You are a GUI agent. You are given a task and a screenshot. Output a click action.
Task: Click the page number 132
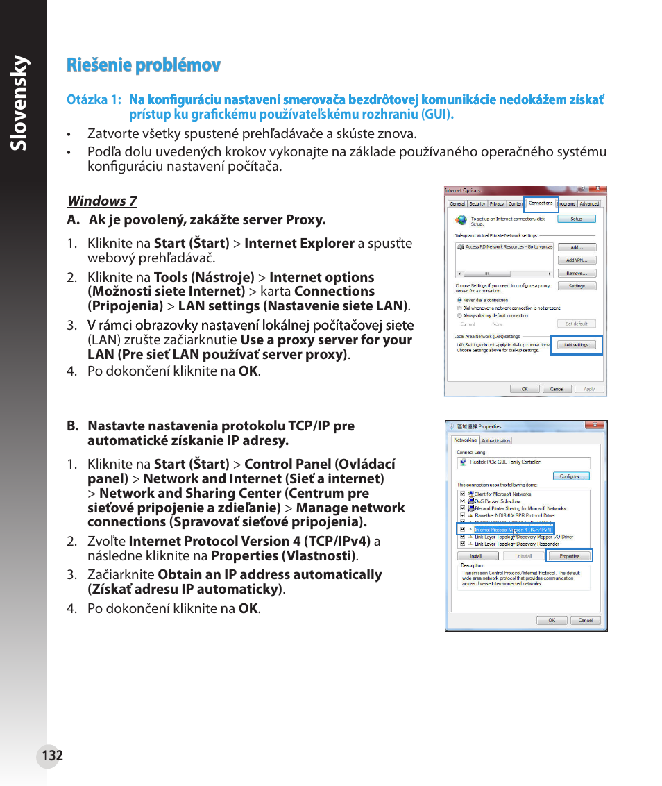click(52, 755)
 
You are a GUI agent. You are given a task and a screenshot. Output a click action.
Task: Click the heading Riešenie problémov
click(144, 65)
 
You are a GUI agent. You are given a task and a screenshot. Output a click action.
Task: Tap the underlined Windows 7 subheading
click(102, 201)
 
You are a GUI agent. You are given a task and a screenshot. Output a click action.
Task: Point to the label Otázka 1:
click(94, 100)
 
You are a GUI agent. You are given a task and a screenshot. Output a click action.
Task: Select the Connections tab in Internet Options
click(541, 203)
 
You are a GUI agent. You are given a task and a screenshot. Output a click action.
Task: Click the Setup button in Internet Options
click(577, 219)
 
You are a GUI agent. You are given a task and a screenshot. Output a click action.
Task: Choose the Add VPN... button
click(577, 260)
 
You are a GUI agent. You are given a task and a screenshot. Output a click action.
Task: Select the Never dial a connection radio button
click(459, 301)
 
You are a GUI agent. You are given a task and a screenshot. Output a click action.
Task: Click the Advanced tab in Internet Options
click(590, 204)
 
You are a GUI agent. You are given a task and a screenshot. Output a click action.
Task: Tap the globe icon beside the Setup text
click(461, 220)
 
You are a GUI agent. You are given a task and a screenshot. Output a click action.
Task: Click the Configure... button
click(571, 476)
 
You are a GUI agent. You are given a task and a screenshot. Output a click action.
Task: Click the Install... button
click(477, 556)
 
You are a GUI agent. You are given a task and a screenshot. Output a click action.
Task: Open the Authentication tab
click(496, 440)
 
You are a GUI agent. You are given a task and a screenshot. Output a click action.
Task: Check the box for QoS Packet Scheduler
click(462, 501)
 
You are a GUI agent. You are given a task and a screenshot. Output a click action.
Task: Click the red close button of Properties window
click(595, 426)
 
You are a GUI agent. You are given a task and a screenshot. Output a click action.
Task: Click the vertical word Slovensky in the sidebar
click(24, 104)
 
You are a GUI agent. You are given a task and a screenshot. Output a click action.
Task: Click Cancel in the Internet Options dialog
click(557, 389)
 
